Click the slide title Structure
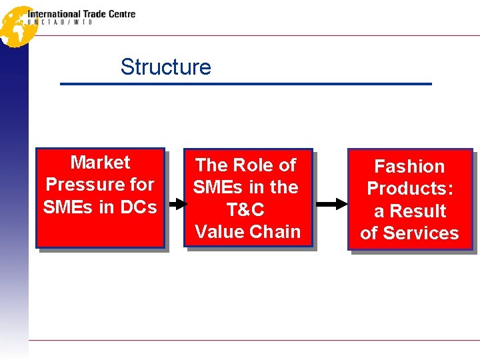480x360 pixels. (165, 67)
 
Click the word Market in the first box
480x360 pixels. (100, 162)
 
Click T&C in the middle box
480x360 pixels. (245, 210)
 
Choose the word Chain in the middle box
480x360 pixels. (275, 232)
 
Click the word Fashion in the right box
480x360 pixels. (409, 166)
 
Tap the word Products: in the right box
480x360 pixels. (409, 188)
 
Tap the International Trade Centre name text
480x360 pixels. (81, 13)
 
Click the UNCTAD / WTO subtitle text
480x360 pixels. (60, 22)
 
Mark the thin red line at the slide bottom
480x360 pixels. (253, 340)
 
